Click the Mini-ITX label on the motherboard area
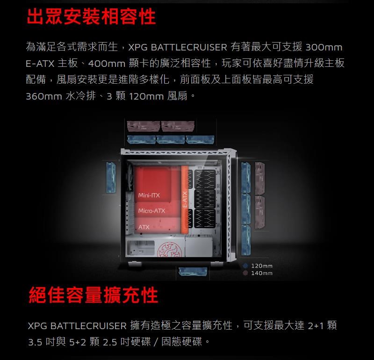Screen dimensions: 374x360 pyautogui.click(x=149, y=195)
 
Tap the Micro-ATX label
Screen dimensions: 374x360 pyautogui.click(x=151, y=211)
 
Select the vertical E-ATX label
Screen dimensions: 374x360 pyautogui.click(x=185, y=199)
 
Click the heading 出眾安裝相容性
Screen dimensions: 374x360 pyautogui.click(x=91, y=17)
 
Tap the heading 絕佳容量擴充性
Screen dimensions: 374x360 pyautogui.click(x=93, y=295)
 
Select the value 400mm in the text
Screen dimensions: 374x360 pyautogui.click(x=107, y=64)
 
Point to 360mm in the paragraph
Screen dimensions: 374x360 pyautogui.click(x=44, y=96)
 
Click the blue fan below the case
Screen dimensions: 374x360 pyautogui.click(x=193, y=273)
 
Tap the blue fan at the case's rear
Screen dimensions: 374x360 pyautogui.click(x=111, y=177)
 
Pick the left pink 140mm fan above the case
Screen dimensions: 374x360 pyautogui.click(x=144, y=126)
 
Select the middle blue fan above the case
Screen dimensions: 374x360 pyautogui.click(x=170, y=140)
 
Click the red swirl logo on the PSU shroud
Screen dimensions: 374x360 pyautogui.click(x=170, y=249)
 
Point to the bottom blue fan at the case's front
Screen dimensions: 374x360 pyautogui.click(x=246, y=240)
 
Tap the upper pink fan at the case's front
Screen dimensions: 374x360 pyautogui.click(x=260, y=178)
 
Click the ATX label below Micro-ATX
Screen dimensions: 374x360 pyautogui.click(x=144, y=227)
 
